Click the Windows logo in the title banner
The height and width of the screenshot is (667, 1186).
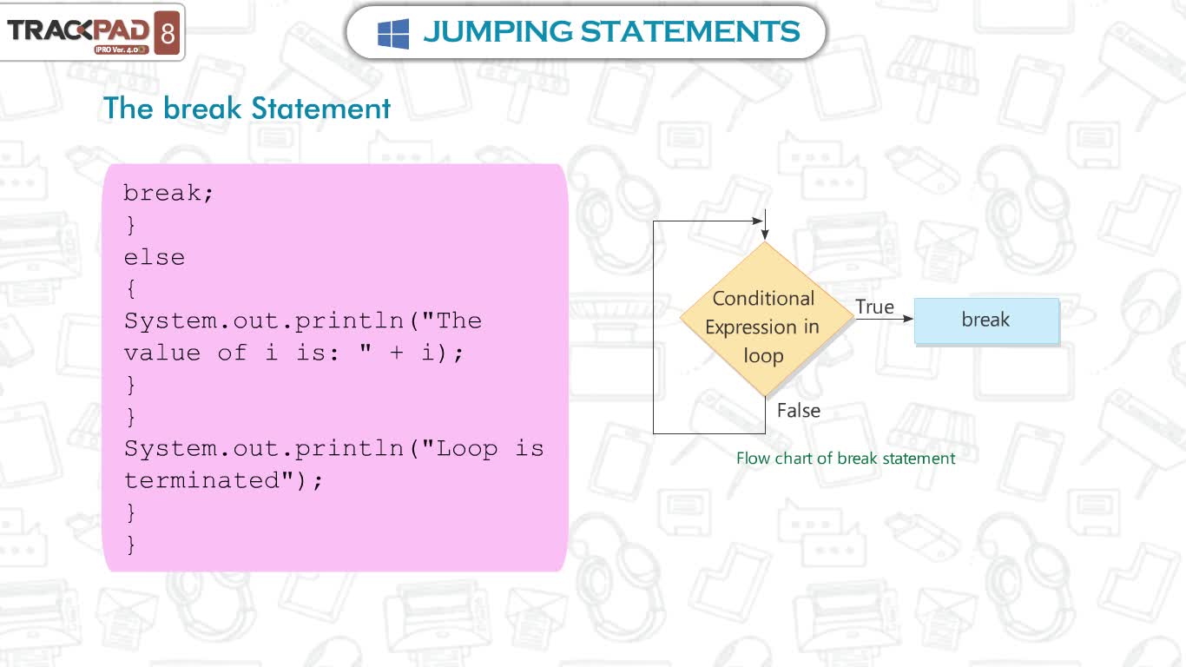click(x=392, y=33)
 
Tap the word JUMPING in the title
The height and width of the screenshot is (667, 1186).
click(x=497, y=32)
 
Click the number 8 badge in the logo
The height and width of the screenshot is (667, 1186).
click(x=168, y=33)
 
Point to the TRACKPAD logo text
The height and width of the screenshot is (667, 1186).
click(x=78, y=30)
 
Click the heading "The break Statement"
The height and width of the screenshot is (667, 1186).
click(x=247, y=109)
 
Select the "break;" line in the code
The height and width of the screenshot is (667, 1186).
click(x=168, y=192)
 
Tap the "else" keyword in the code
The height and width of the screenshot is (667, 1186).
click(x=154, y=258)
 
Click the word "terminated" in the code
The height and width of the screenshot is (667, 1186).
click(x=201, y=480)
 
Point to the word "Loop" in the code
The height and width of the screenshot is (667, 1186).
click(x=467, y=449)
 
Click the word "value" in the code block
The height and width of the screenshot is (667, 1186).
click(x=162, y=353)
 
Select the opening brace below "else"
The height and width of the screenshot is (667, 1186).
click(x=131, y=288)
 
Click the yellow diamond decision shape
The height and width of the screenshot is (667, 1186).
click(x=766, y=319)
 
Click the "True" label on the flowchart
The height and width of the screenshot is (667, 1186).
click(x=874, y=307)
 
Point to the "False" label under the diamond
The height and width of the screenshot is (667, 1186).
click(x=799, y=411)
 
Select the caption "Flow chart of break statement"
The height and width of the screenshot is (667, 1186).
click(x=846, y=459)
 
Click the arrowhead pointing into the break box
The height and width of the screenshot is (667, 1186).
click(x=908, y=319)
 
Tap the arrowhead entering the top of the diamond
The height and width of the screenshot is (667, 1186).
click(x=765, y=234)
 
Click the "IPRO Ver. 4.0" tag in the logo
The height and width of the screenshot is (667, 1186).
click(x=122, y=50)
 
